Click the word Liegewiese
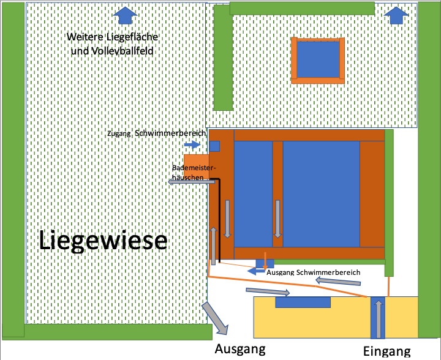(x=103, y=240)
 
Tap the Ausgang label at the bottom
(x=240, y=350)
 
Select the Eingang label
(x=386, y=351)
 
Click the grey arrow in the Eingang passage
(x=379, y=319)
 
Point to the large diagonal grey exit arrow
(x=215, y=318)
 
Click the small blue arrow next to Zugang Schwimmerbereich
(x=192, y=144)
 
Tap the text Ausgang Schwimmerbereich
(x=314, y=272)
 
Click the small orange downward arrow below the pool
(x=265, y=261)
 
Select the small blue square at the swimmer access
(x=214, y=146)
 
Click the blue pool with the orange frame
(x=318, y=59)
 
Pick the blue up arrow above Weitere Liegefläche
(x=125, y=15)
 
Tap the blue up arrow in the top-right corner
(x=396, y=15)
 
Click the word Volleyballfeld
(x=112, y=51)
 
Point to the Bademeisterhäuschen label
(x=194, y=173)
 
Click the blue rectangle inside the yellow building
(x=303, y=302)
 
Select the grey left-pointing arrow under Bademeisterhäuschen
(x=191, y=182)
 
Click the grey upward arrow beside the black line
(x=214, y=246)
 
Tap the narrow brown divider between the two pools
(x=277, y=194)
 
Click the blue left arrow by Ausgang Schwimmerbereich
(x=257, y=271)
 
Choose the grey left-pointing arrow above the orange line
(x=337, y=281)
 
